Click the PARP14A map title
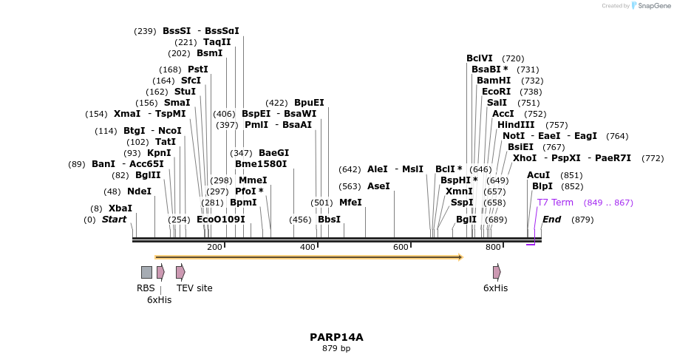[336, 337]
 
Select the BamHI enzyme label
[494, 81]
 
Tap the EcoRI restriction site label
[496, 92]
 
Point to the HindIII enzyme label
[516, 125]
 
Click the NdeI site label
[139, 191]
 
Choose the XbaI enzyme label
[120, 208]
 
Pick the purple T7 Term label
[555, 203]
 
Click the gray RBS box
[146, 272]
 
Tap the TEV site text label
[194, 288]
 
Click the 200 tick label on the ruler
[214, 247]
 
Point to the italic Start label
[114, 220]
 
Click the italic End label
[551, 220]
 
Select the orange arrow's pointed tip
[461, 257]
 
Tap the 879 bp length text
[336, 348]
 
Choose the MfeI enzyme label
[350, 202]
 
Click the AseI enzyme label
[378, 186]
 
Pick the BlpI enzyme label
[542, 186]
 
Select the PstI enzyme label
[198, 69]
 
